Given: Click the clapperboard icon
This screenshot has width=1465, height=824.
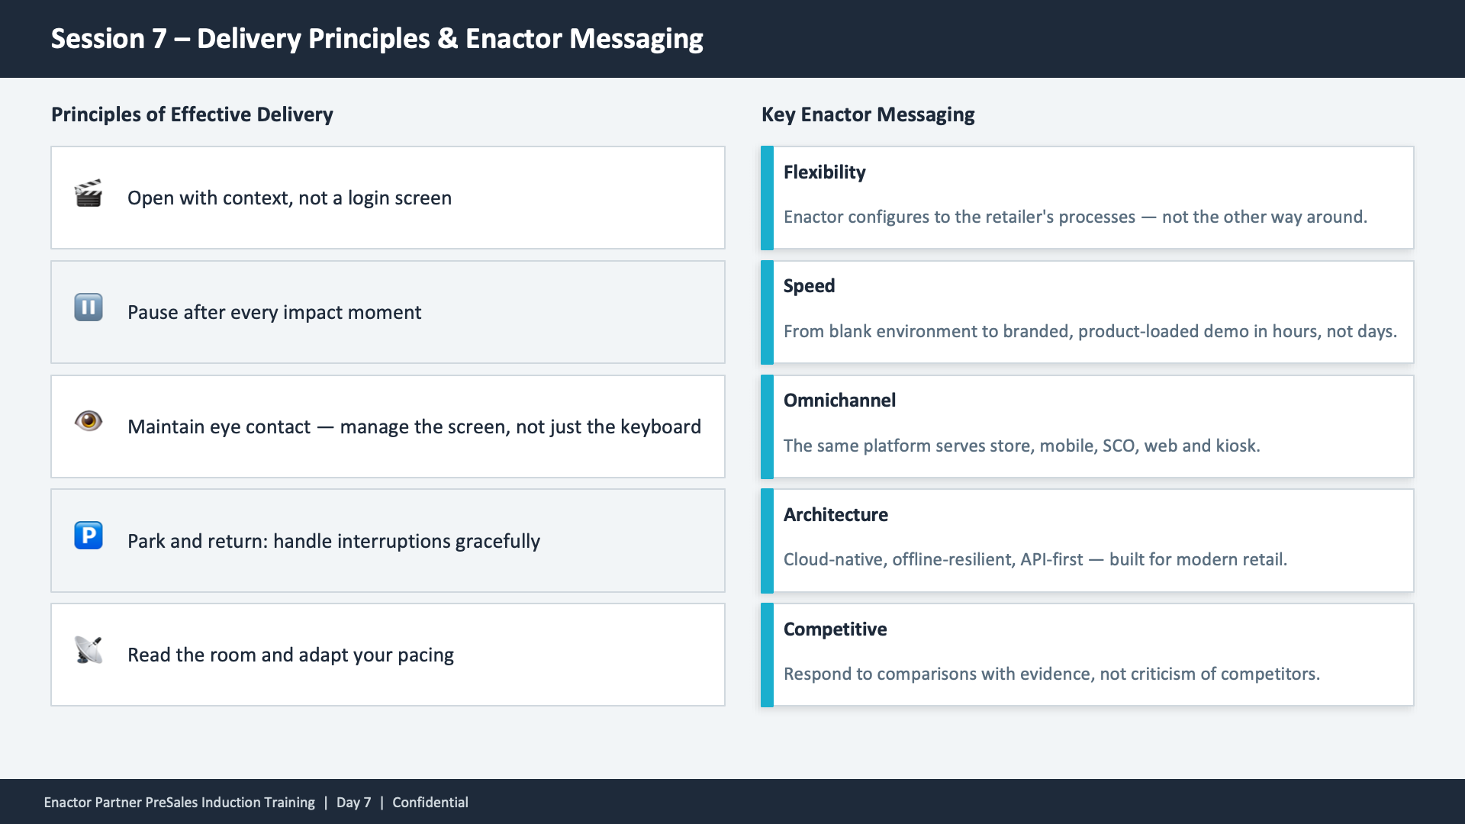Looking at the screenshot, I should [x=89, y=194].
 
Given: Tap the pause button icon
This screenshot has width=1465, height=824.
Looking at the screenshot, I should [x=89, y=307].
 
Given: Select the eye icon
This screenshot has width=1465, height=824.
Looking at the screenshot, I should [x=89, y=420].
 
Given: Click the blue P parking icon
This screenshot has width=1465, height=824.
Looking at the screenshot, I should [x=89, y=535].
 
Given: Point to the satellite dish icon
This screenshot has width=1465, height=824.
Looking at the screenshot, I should [x=89, y=650].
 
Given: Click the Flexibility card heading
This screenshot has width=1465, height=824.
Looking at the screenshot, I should [x=824, y=172].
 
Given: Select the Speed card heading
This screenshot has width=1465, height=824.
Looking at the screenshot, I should [x=809, y=286].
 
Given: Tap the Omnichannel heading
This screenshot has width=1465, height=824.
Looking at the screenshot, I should [x=839, y=401].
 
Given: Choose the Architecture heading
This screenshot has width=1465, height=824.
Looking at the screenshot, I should [x=836, y=515].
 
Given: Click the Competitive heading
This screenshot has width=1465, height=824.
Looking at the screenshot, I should [x=835, y=629].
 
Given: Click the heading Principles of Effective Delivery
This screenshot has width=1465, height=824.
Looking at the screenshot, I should [x=192, y=114].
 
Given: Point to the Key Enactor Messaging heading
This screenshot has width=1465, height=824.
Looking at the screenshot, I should [x=868, y=114].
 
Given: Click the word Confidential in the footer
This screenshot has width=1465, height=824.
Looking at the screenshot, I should [x=430, y=803].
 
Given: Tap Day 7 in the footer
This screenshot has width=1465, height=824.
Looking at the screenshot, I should [x=353, y=803].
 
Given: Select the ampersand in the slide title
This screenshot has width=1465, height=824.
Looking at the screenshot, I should [x=447, y=39].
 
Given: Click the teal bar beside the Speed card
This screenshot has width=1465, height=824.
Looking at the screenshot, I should [x=767, y=312].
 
